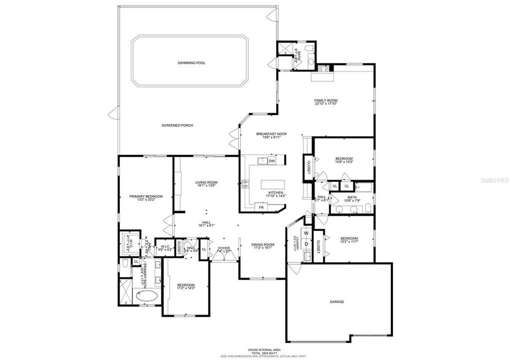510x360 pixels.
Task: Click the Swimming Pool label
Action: [x=191, y=63]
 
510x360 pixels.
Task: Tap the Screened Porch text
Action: [x=177, y=125]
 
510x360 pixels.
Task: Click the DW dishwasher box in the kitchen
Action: [x=272, y=161]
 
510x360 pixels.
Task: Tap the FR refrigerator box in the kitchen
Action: [x=260, y=206]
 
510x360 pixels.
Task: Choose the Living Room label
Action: [x=206, y=183]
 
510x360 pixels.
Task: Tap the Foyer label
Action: [x=223, y=249]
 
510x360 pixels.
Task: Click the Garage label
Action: [x=336, y=302]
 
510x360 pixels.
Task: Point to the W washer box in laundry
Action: [x=305, y=233]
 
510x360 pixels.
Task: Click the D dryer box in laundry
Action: [x=306, y=244]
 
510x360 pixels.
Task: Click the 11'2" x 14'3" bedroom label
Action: [x=186, y=286]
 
